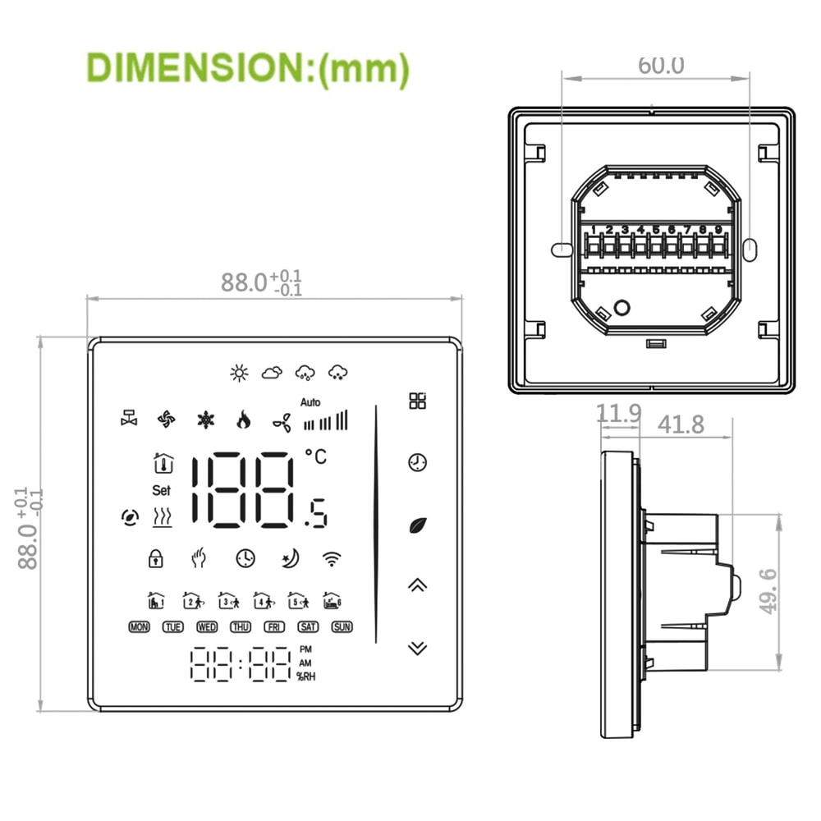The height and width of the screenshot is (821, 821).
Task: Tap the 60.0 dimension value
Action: coord(661,65)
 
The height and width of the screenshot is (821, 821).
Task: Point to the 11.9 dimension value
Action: coord(618,414)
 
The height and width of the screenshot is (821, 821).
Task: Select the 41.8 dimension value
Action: coord(681,424)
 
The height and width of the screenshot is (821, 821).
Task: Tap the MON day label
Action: coord(140,627)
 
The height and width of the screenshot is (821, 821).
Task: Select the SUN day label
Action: coord(342,627)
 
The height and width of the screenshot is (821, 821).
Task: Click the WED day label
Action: coord(207,627)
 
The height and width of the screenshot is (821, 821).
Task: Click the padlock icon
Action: coord(155,558)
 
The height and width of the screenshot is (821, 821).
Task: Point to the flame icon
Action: coord(243,420)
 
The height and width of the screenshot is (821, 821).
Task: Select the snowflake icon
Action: coord(204,420)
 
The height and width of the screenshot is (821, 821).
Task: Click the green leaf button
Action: coord(417,524)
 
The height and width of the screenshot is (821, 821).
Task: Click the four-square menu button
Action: coord(418,401)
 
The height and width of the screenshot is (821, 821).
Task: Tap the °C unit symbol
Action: coord(315,456)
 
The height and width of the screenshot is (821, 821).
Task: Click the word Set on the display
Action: coord(161,490)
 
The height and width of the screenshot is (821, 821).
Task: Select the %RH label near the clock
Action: coord(306,677)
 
